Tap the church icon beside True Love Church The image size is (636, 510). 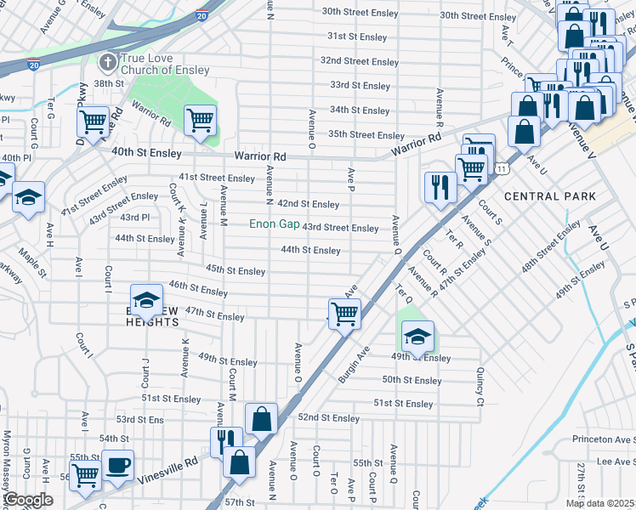[x=107, y=62]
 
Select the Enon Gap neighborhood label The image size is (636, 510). [x=273, y=225]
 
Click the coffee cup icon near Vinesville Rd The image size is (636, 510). [x=117, y=466]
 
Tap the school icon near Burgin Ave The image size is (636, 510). [x=417, y=336]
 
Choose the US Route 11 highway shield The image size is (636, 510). [x=503, y=169]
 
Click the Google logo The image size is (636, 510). [x=29, y=500]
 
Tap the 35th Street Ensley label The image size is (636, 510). [x=366, y=135]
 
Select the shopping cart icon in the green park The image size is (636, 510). [x=201, y=120]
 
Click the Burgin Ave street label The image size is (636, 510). [x=355, y=364]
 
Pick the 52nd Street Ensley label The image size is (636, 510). [x=329, y=418]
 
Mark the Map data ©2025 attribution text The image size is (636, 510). [x=599, y=503]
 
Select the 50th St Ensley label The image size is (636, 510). [x=412, y=381]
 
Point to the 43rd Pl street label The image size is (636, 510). [x=134, y=218]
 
